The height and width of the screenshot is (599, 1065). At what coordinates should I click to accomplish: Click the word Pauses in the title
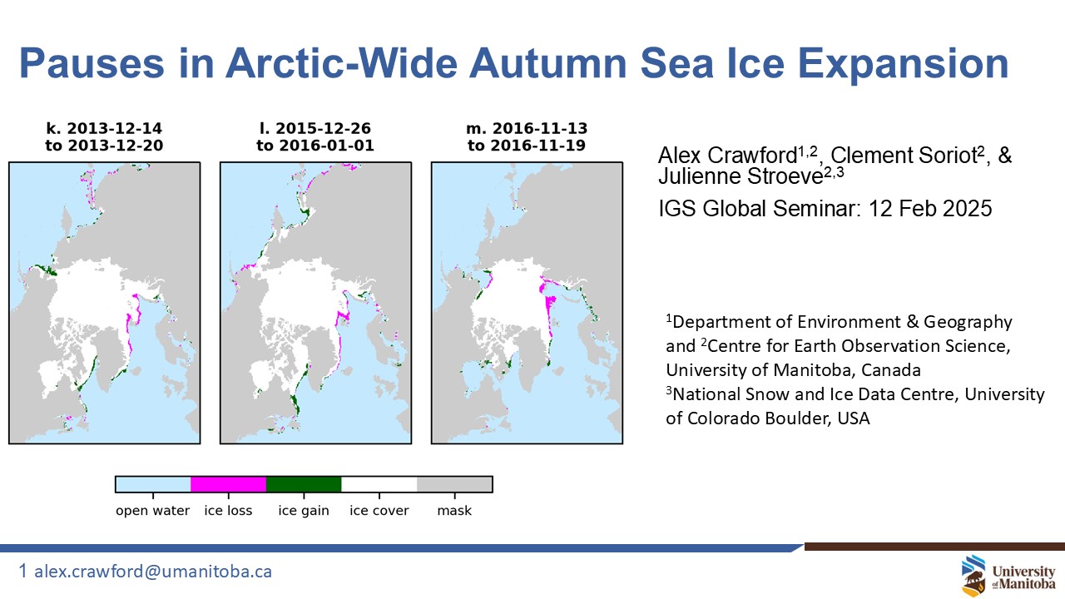[x=92, y=63]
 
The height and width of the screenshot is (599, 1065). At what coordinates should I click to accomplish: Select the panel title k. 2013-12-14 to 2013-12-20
[x=104, y=137]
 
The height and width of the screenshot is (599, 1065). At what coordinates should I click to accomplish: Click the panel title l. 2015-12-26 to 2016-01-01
[x=315, y=137]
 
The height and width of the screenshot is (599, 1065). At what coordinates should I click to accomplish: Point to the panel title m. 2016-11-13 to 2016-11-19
[x=527, y=137]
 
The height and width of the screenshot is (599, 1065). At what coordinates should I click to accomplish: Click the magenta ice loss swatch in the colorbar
[x=228, y=484]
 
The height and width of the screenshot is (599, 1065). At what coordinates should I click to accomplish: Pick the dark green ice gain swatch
[x=304, y=484]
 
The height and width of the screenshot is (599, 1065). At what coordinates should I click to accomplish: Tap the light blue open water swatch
[x=153, y=484]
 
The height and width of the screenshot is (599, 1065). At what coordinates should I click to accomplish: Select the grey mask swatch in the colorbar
[x=454, y=484]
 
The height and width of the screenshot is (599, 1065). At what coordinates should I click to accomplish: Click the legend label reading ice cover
[x=379, y=511]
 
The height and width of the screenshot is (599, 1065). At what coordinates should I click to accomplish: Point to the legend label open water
[x=152, y=511]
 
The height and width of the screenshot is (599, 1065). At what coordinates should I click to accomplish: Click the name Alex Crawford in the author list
[x=727, y=156]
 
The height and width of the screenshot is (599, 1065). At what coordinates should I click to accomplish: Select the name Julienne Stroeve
[x=741, y=176]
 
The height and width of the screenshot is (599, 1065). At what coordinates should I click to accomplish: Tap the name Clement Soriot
[x=904, y=156]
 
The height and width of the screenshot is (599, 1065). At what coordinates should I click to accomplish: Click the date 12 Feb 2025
[x=930, y=209]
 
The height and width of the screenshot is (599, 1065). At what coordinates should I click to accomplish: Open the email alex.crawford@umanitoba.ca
[x=153, y=572]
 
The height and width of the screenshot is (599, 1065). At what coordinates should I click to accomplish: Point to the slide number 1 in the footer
[x=22, y=571]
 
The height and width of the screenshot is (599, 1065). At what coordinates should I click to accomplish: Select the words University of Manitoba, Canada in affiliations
[x=793, y=370]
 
